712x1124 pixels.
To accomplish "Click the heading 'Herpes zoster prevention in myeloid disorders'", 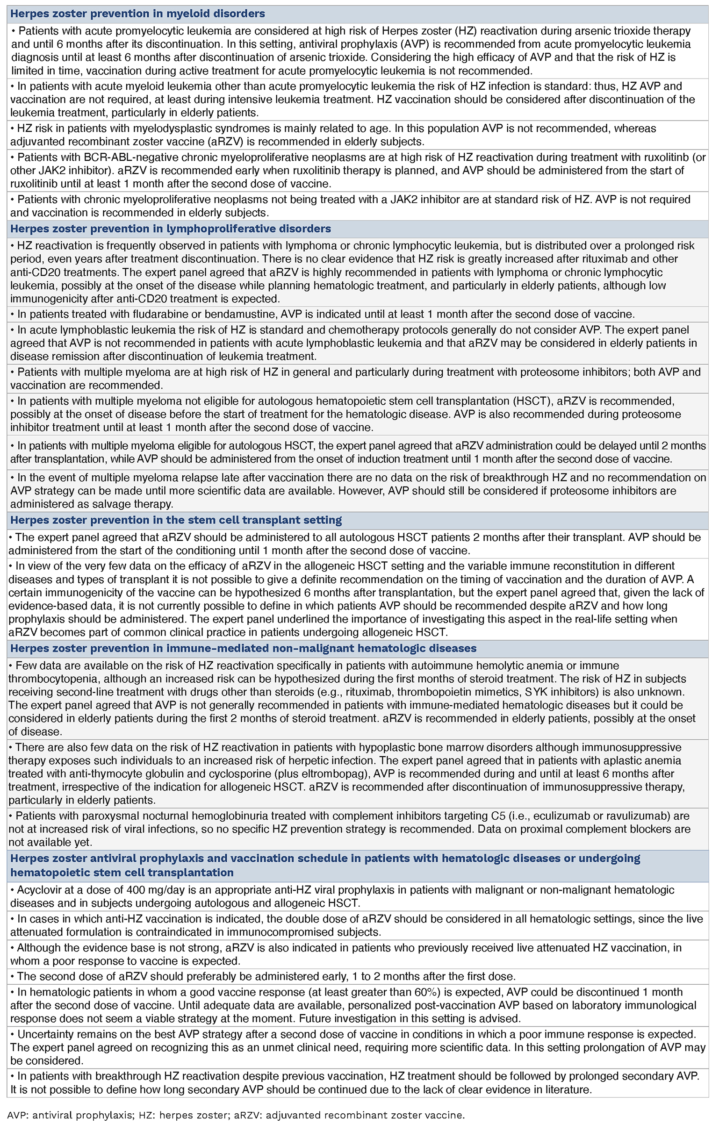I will (x=137, y=14).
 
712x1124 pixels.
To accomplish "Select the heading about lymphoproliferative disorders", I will (x=171, y=229).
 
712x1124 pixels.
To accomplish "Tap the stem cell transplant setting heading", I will (x=176, y=520).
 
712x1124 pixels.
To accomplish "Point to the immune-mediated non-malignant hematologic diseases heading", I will (x=243, y=648).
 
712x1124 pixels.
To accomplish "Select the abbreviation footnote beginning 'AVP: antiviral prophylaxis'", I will (x=236, y=1115).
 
